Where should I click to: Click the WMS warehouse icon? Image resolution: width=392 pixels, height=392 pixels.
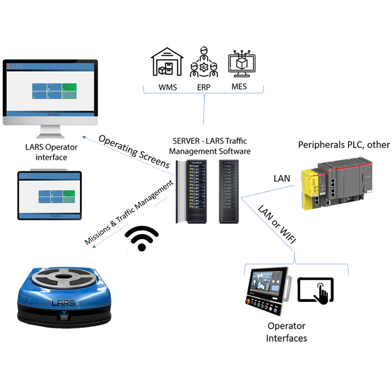click(168, 62)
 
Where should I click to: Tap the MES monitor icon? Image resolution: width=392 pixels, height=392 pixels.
click(242, 65)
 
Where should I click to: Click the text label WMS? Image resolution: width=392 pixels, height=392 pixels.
click(168, 88)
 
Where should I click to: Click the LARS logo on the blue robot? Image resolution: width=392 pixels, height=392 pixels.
click(63, 303)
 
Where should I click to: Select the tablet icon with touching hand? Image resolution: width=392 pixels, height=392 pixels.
click(317, 290)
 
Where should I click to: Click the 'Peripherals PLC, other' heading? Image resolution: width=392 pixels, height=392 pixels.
click(344, 145)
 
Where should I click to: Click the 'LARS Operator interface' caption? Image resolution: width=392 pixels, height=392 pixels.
click(51, 152)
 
